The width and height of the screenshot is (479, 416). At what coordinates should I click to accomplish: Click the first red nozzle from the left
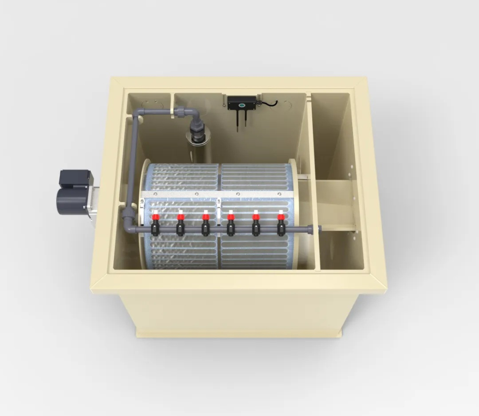[x=155, y=218]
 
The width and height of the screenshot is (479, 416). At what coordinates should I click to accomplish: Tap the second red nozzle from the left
[x=181, y=218]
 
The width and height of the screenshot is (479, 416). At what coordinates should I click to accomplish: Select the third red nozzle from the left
[x=205, y=218]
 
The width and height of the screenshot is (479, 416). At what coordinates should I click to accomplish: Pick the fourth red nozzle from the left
[x=231, y=218]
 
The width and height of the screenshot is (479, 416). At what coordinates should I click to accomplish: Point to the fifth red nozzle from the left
[x=256, y=218]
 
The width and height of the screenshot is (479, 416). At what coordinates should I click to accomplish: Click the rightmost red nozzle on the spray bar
[x=281, y=218]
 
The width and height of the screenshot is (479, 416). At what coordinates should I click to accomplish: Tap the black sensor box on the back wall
[x=242, y=101]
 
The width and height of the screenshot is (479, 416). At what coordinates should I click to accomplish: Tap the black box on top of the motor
[x=75, y=178]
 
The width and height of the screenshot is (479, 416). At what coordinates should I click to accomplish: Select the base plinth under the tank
[x=239, y=333]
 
